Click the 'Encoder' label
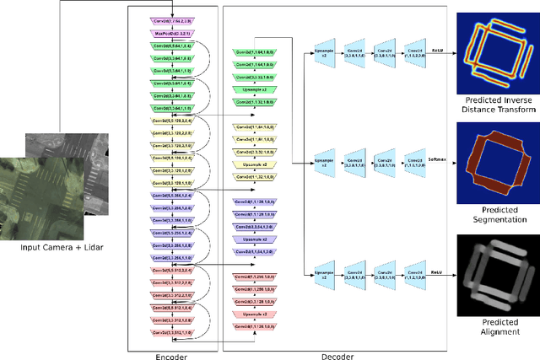pyautogui.click(x=171, y=355)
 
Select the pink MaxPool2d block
pyautogui.click(x=172, y=34)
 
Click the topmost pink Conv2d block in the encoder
pyautogui.click(x=172, y=19)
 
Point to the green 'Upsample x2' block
pyautogui.click(x=252, y=89)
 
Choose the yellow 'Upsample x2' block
pyautogui.click(x=252, y=164)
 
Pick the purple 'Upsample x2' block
pyautogui.click(x=252, y=239)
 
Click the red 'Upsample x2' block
pyautogui.click(x=252, y=313)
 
